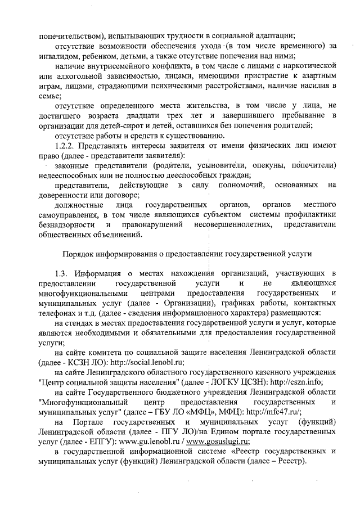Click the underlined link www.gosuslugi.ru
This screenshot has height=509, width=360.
click(218, 442)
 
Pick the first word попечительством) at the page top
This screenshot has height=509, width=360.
click(73, 35)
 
